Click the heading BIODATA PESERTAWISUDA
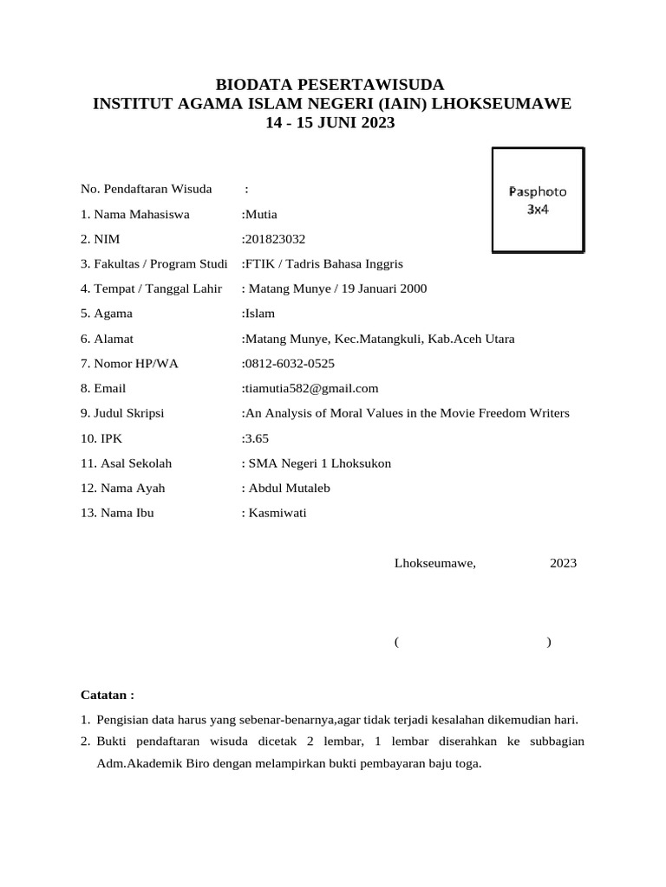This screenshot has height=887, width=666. tap(330, 84)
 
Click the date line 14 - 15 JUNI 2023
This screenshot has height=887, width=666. tap(330, 123)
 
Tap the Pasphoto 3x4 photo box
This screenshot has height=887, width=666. tap(537, 200)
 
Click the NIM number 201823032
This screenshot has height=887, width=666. tap(275, 239)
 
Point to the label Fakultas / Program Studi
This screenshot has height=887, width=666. tap(153, 264)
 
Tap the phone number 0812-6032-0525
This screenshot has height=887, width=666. tap(290, 364)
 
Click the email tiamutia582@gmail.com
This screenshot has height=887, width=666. tap(311, 388)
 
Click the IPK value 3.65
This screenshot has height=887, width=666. tap(258, 438)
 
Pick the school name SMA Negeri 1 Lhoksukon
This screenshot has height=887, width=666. tap(319, 463)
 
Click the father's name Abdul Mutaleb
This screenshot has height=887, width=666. tap(289, 488)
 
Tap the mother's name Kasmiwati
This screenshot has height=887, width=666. tap(277, 513)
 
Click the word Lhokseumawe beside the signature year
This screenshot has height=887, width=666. tap(434, 563)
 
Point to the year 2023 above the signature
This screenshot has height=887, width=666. tap(563, 563)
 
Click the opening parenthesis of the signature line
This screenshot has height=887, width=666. tap(395, 642)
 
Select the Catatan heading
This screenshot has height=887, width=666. tap(107, 695)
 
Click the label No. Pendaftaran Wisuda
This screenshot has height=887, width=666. tap(146, 189)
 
